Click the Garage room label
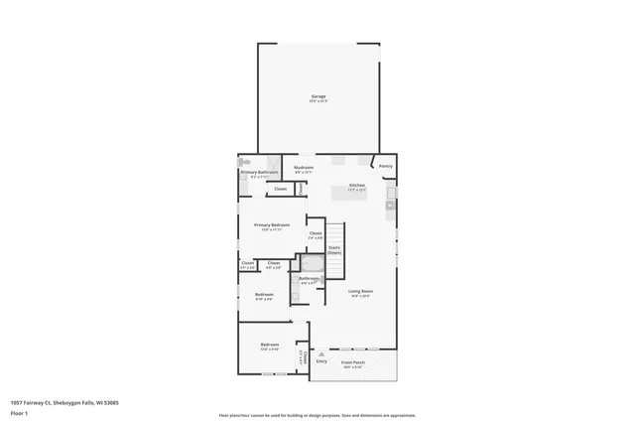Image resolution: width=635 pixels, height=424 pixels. coord(317,97)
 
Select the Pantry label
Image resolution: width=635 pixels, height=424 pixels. coord(385,166)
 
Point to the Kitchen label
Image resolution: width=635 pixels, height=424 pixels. coord(357,187)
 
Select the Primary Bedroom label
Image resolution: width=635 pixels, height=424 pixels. coord(271,225)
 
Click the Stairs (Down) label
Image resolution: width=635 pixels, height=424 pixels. coord(334,249)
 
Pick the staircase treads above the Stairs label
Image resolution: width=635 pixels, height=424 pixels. coord(334,231)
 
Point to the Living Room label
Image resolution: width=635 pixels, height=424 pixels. coord(359,292)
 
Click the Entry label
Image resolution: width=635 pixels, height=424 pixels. coord(321,361)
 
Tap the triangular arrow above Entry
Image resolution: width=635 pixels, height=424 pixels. coord(321,350)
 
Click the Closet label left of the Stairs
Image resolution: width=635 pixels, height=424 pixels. coord(315,233)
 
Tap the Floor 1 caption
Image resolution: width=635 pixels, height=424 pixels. coord(19,413)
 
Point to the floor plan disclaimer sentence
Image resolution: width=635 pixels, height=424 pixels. coord(317,415)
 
